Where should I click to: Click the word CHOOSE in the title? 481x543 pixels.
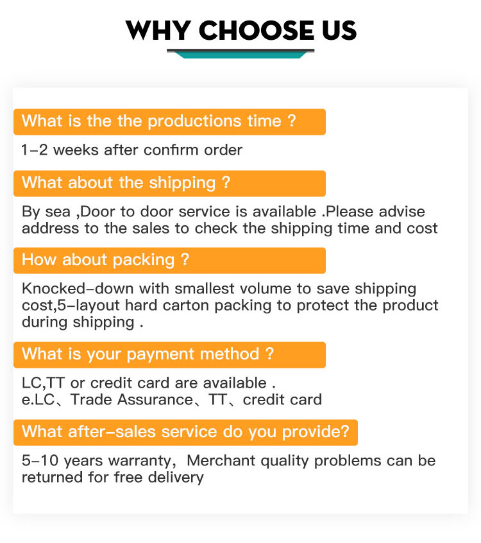point(257,30)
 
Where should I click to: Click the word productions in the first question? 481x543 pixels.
point(194,121)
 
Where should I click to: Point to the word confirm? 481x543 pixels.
point(171,150)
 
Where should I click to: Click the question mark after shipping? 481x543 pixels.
point(226,182)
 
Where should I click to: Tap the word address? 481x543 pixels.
point(50,228)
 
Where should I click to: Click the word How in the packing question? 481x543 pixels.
point(38,259)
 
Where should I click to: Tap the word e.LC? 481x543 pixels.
point(38,400)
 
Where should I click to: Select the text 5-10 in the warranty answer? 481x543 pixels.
point(40,461)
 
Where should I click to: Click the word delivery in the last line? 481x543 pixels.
point(176,478)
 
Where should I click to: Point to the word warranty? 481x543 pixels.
point(140,461)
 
